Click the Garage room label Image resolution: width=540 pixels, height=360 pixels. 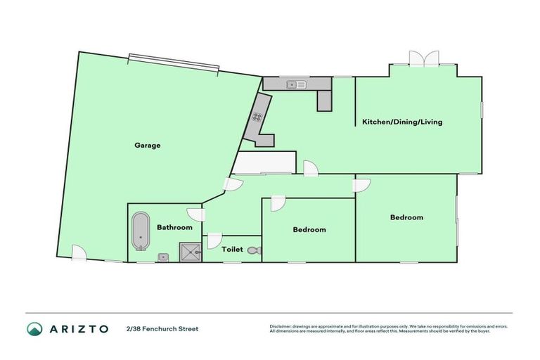148,146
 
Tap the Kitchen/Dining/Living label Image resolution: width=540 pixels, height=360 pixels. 402,122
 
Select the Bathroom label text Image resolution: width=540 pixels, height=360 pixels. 174,227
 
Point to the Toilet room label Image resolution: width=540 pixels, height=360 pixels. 232,250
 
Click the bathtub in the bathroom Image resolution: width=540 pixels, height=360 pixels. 139,231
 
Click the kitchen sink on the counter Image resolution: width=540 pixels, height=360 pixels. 295,85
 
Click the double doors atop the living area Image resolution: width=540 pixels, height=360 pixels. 425,59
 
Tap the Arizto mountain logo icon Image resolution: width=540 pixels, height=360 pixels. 34,328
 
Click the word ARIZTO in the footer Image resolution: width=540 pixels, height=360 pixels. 78,328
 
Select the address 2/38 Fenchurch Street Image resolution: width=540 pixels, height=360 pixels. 162,328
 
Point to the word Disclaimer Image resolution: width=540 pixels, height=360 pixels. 281,326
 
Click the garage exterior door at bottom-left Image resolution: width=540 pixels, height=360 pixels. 79,253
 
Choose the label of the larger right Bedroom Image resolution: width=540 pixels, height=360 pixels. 406,217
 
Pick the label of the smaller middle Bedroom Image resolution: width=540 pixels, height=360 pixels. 309,230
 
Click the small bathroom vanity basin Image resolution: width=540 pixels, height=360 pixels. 162,257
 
